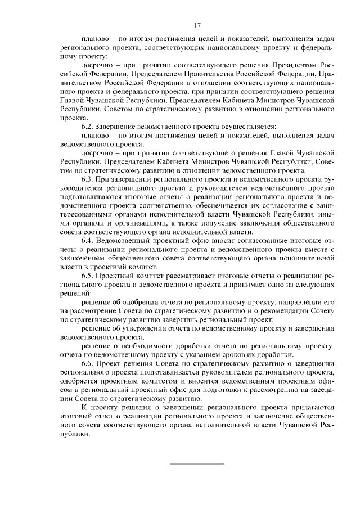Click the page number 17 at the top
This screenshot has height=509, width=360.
[197, 25]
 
